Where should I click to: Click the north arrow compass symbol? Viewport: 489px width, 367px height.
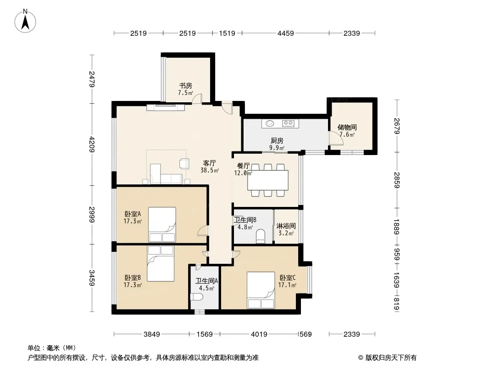point(25,21)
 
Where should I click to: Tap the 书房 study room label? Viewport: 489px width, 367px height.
point(186,85)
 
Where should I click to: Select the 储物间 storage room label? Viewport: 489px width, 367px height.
point(347,127)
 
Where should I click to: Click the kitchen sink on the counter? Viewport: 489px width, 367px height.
point(270,124)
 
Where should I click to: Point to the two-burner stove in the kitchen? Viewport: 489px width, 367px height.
point(288,124)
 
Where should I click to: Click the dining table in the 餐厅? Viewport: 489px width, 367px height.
point(268,180)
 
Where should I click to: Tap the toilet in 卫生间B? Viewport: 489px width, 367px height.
point(260,236)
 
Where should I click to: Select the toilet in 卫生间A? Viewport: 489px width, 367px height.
point(196,297)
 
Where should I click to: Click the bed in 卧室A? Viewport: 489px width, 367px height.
point(162,224)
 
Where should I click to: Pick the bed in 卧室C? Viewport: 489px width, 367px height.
point(261,290)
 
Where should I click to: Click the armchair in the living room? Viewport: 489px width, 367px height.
point(184,164)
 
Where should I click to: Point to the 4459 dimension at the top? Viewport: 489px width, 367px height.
point(286,33)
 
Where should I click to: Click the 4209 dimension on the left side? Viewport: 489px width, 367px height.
point(92,144)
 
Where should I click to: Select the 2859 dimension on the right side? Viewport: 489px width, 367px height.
point(397,180)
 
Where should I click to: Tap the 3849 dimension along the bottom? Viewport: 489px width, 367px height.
point(151,334)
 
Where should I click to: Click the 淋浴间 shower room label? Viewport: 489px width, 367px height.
point(286,226)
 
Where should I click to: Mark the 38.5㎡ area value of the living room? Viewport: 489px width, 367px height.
point(210,170)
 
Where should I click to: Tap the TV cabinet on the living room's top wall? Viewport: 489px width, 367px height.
point(166,107)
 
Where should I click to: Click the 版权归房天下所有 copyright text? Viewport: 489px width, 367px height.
point(391,358)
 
